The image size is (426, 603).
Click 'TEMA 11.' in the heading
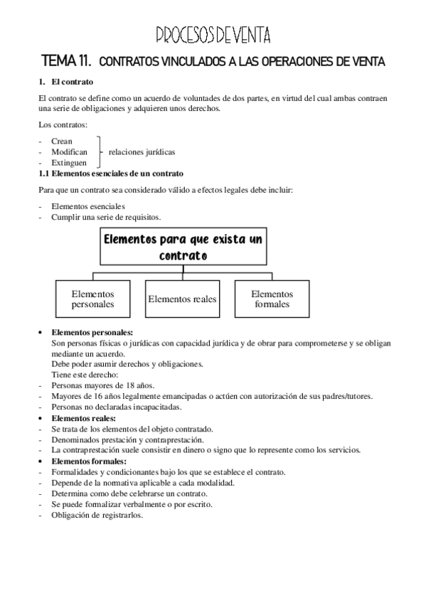click(x=68, y=62)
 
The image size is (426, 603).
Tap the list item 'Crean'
click(x=62, y=142)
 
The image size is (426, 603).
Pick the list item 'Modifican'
click(x=69, y=152)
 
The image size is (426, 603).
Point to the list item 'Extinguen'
click(x=69, y=163)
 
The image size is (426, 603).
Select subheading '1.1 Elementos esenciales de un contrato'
click(x=112, y=174)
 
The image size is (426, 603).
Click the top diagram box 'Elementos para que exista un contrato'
click(x=183, y=247)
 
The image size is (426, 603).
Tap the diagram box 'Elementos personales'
click(x=92, y=299)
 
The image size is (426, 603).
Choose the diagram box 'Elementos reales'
click(x=182, y=299)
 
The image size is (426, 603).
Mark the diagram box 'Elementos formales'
click(x=272, y=299)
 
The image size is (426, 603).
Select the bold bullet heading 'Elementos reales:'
click(x=84, y=419)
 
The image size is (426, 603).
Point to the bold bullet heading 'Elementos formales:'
click(x=89, y=461)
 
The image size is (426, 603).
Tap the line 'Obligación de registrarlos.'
click(x=97, y=516)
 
